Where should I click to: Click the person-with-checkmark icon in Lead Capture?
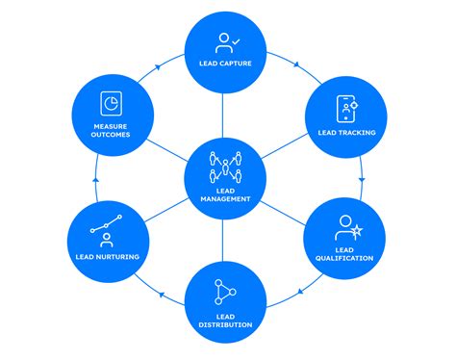(227, 42)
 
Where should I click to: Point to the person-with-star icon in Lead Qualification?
(347, 227)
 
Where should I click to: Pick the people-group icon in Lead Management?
(227, 167)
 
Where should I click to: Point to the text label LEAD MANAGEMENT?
(227, 195)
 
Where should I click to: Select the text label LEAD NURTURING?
(108, 257)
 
